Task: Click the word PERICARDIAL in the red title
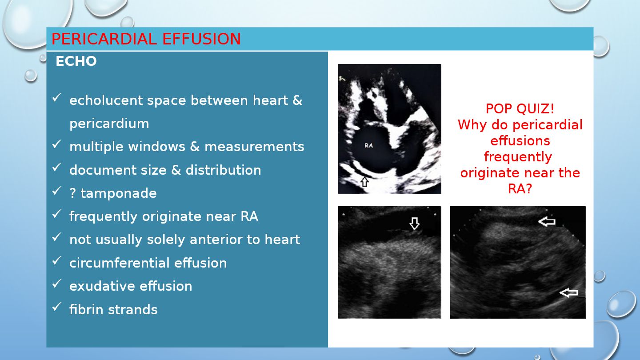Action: pyautogui.click(x=104, y=39)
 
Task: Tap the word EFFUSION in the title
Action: pyautogui.click(x=202, y=39)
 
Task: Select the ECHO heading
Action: pyautogui.click(x=76, y=61)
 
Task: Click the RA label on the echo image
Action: pyautogui.click(x=368, y=145)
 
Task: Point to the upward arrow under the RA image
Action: pyautogui.click(x=364, y=182)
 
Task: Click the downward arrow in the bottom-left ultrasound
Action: pyautogui.click(x=414, y=224)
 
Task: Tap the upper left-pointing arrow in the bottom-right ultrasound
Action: pyautogui.click(x=547, y=221)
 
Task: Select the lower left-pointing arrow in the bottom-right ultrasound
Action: pyautogui.click(x=568, y=292)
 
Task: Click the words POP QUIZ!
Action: pyautogui.click(x=520, y=109)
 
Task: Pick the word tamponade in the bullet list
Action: pyautogui.click(x=119, y=193)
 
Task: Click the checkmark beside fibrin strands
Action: pyautogui.click(x=56, y=307)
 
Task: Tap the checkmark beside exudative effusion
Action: pyautogui.click(x=56, y=284)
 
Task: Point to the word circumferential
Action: pyautogui.click(x=120, y=263)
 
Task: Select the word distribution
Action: pyautogui.click(x=224, y=170)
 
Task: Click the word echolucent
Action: pyautogui.click(x=106, y=100)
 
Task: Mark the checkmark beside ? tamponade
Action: pyautogui.click(x=56, y=191)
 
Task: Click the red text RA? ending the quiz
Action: pyautogui.click(x=520, y=189)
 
